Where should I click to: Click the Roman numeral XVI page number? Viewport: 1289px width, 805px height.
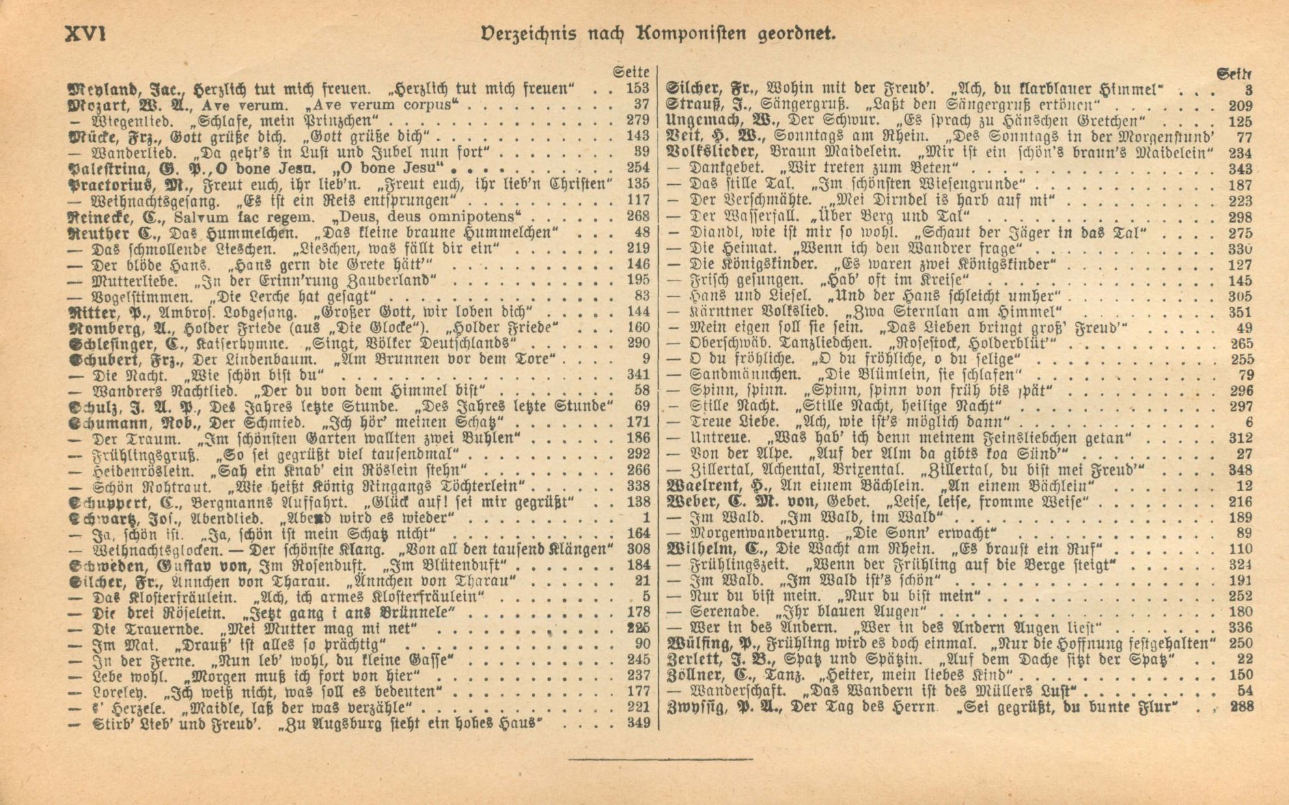(86, 33)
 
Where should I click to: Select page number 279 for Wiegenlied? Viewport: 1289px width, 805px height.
(637, 120)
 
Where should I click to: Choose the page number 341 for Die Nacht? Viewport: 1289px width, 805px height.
(637, 375)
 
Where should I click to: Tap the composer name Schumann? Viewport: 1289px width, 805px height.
(111, 422)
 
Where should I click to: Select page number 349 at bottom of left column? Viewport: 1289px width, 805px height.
(637, 723)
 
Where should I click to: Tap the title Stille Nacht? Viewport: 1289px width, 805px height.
(724, 407)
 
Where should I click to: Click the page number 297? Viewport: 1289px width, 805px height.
(1240, 407)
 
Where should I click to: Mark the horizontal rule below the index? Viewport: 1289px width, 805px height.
(660, 759)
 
